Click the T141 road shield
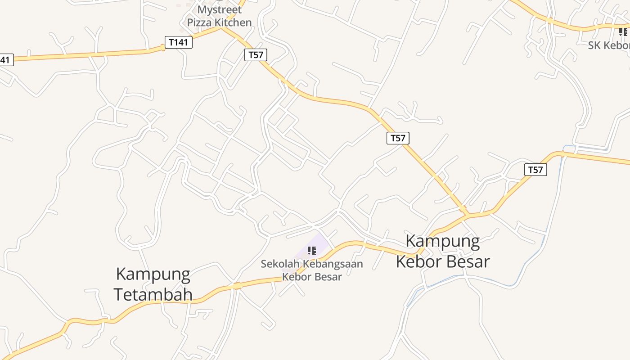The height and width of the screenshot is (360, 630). click(179, 42)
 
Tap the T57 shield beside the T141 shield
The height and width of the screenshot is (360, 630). click(256, 55)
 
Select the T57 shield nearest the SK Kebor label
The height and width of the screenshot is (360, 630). click(535, 170)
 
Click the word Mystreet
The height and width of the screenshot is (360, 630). click(219, 9)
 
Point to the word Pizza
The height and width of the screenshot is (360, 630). click(199, 22)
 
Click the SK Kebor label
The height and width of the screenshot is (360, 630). click(609, 45)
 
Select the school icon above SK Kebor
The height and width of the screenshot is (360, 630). click(623, 31)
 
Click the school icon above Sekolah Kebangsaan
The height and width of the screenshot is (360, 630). click(311, 251)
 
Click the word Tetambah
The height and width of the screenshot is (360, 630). click(153, 294)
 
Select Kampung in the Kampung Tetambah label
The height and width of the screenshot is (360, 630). click(153, 274)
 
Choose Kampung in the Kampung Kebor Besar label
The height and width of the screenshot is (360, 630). click(442, 241)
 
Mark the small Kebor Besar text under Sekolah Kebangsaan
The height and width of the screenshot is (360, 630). click(312, 276)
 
